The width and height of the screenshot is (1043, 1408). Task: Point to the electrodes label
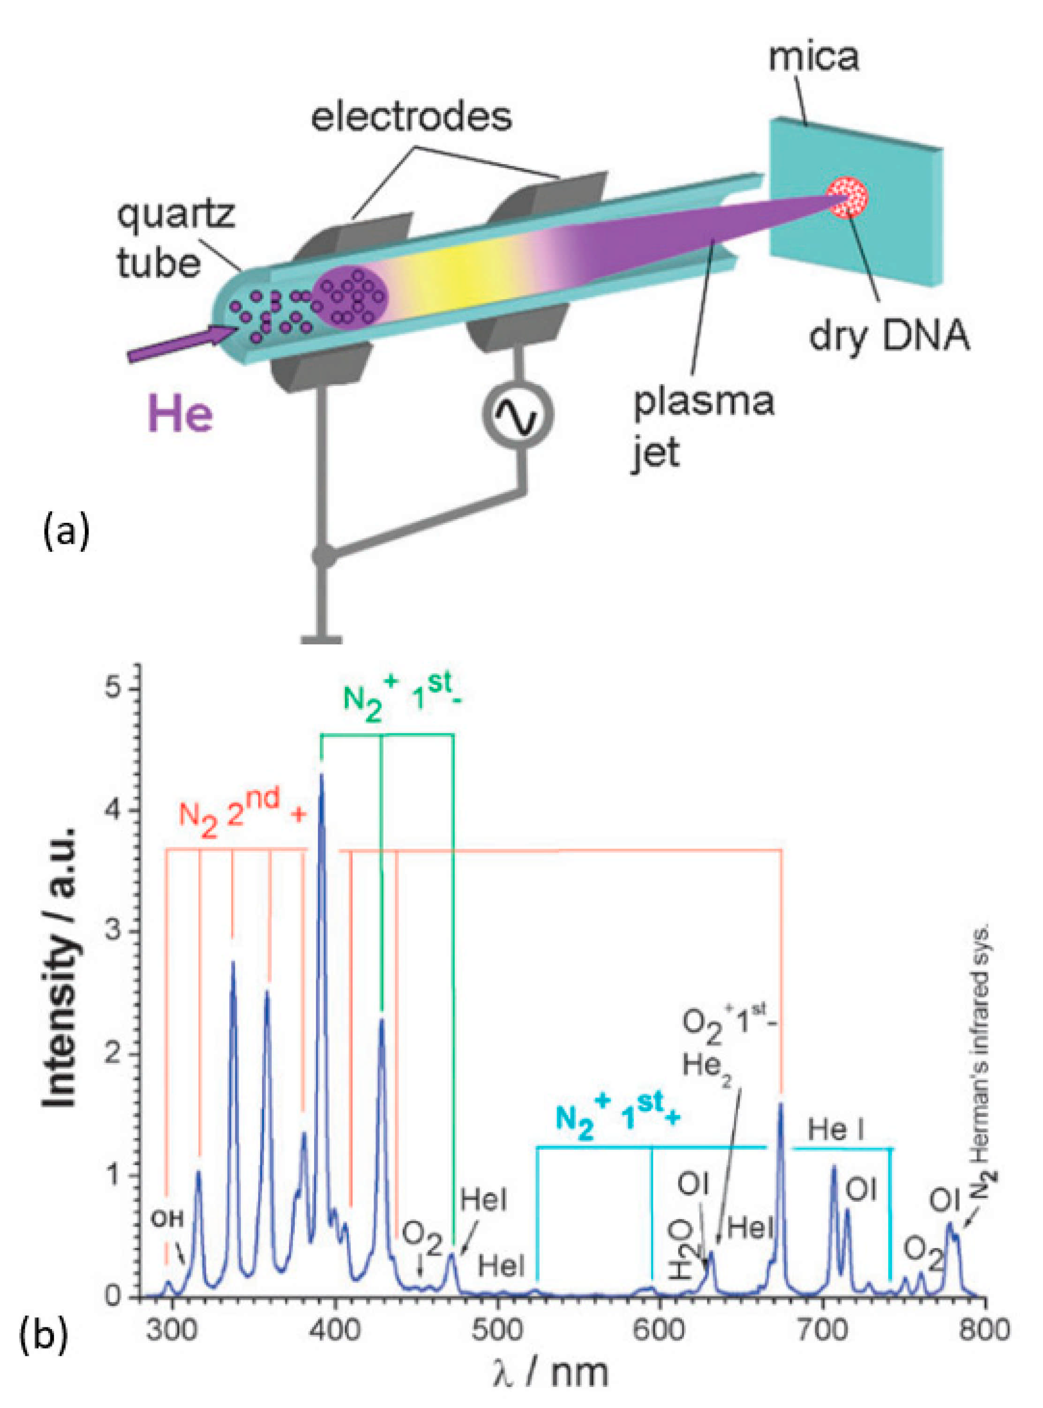(412, 117)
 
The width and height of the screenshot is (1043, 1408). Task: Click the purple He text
(180, 415)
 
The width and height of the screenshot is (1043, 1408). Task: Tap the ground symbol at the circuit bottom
(322, 639)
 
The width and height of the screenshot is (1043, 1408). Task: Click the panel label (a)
(66, 532)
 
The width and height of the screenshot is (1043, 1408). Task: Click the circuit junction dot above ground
(323, 556)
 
